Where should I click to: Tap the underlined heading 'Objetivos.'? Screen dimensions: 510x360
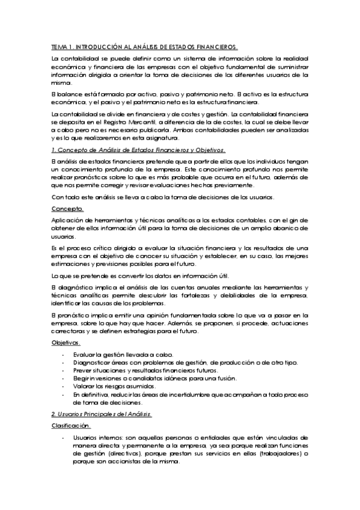(66, 342)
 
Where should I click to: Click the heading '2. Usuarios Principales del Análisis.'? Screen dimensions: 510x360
(102, 414)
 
